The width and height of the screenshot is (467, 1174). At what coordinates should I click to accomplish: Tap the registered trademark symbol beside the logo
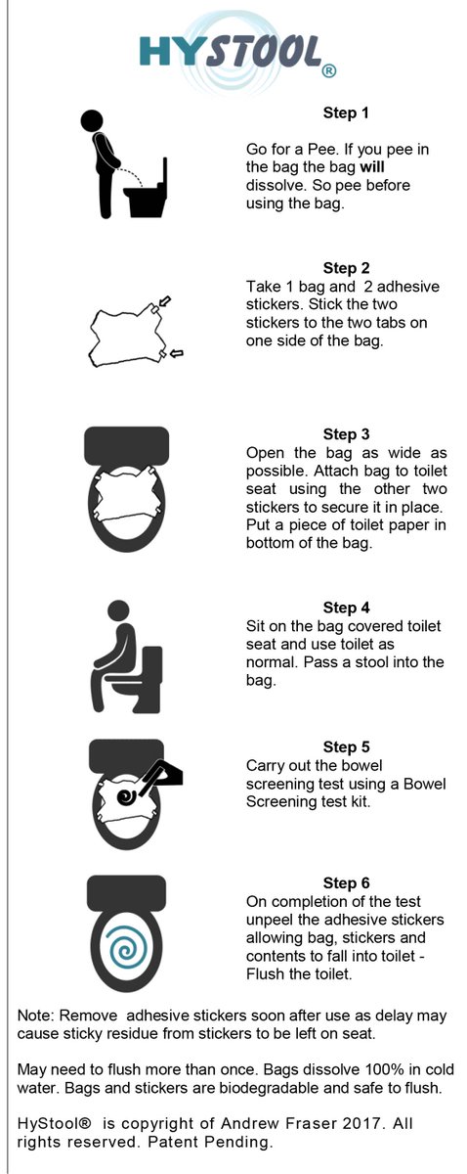[328, 70]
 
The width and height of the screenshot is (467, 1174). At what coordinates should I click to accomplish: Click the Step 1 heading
[346, 113]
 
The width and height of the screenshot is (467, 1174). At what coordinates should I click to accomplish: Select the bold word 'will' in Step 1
[371, 167]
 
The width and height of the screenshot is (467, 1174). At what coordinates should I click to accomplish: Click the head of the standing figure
[92, 120]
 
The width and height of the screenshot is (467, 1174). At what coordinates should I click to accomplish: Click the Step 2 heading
[346, 268]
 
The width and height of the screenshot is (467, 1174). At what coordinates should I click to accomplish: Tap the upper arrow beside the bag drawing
[164, 301]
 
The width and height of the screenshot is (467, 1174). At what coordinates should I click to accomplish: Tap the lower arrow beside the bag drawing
[178, 354]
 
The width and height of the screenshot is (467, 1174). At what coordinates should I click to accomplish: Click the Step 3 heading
[346, 434]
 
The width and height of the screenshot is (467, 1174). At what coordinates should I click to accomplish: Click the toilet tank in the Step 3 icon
[127, 445]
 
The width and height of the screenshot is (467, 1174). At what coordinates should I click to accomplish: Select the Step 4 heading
[346, 608]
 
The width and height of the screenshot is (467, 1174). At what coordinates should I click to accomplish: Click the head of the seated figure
[118, 612]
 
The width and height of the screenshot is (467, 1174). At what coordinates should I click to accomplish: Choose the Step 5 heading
[346, 746]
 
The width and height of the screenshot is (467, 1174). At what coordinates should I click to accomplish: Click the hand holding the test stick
[165, 772]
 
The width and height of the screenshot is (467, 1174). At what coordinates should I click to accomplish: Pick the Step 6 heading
[346, 883]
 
